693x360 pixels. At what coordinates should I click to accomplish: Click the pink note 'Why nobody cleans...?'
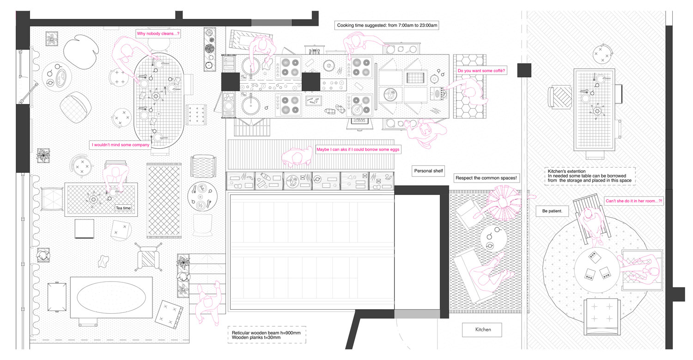coord(158,33)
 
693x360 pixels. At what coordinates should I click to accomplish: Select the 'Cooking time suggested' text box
coord(387,25)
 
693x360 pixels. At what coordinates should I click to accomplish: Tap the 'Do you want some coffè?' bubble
coord(481,71)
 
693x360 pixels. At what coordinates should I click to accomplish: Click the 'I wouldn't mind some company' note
coord(120,145)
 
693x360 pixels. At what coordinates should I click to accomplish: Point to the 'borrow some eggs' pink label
coord(358,150)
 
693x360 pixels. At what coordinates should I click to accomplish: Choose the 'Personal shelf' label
coord(428,171)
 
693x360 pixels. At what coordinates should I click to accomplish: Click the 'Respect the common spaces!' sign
coord(486,178)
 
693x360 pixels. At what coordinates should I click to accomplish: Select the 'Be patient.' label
coord(553,211)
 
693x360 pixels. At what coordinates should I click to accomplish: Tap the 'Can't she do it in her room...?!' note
coord(634,201)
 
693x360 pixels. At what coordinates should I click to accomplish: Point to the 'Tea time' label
coord(123,208)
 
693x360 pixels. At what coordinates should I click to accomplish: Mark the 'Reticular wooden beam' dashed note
coord(267,335)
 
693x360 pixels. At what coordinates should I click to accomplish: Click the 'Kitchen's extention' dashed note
coord(590,176)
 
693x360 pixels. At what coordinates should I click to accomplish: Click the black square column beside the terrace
coord(524,70)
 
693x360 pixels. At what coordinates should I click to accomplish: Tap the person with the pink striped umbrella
coord(504,203)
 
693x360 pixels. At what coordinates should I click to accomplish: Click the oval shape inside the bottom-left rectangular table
coord(111,298)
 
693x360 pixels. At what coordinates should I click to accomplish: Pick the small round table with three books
coord(597,270)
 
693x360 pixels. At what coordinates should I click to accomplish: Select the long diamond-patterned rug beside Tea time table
coord(164,201)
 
